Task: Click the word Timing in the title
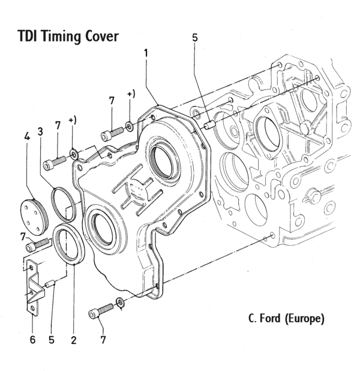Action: point(61,37)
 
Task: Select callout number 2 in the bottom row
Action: point(73,340)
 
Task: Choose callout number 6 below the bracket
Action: point(33,340)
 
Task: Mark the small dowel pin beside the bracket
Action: point(52,285)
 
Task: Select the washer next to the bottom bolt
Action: point(121,302)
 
